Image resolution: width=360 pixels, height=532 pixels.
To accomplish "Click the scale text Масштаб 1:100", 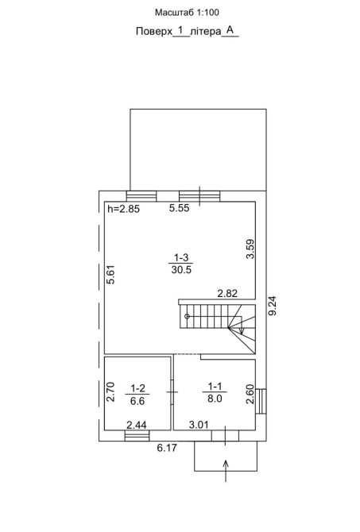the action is [187, 13].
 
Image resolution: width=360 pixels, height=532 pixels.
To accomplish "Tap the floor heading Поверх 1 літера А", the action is [187, 31].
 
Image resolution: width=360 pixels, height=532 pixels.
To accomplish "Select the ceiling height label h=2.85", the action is [124, 209].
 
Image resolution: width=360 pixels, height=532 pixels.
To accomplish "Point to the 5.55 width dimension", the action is [180, 208].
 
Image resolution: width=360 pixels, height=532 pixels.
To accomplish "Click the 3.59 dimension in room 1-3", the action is [250, 249].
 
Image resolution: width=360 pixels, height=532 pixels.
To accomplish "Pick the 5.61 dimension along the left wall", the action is [110, 274].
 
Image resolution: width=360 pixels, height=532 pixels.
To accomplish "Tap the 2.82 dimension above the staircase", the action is [227, 293].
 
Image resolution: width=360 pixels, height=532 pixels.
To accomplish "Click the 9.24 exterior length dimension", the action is [273, 306].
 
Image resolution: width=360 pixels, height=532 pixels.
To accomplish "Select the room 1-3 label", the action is [181, 257].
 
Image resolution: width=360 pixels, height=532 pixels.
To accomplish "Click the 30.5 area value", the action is [181, 270].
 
